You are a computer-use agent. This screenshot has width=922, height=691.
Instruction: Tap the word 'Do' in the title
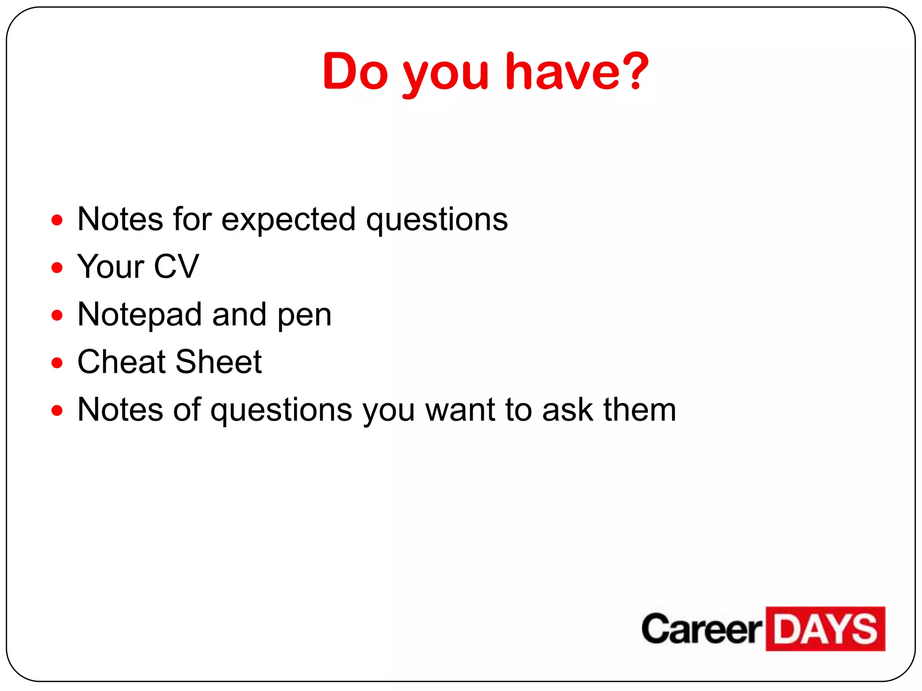(355, 71)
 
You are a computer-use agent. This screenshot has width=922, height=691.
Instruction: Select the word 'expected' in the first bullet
(289, 220)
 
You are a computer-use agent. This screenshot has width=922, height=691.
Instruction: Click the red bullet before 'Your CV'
(57, 268)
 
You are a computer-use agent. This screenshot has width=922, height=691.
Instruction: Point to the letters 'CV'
(176, 266)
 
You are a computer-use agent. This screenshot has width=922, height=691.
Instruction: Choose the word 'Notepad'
(140, 314)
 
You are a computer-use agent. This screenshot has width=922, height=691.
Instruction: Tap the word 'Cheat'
(122, 362)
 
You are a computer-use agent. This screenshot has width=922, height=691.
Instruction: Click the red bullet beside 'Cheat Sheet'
(57, 363)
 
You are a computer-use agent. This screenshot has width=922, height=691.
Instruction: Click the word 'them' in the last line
(640, 410)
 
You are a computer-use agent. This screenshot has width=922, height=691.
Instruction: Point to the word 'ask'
(568, 410)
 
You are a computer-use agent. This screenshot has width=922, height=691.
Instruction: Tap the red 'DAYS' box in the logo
(825, 629)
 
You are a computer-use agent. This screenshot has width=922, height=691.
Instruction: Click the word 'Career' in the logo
(701, 629)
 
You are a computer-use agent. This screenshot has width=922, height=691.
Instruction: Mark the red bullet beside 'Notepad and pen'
(57, 315)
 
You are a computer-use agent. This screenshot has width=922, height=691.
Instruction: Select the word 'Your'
(111, 266)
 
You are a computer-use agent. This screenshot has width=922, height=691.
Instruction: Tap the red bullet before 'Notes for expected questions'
(57, 220)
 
